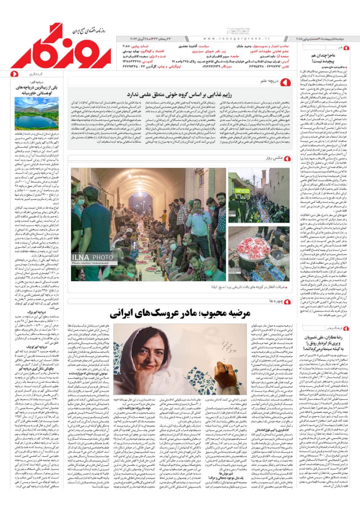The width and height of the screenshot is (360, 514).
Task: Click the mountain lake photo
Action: pos(37,113)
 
